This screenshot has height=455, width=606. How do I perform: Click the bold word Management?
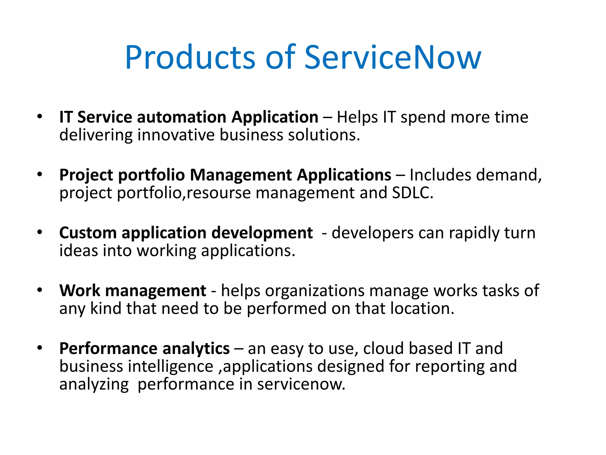[x=241, y=175]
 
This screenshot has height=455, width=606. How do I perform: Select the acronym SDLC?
[x=412, y=193]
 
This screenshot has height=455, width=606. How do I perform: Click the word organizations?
[x=315, y=291]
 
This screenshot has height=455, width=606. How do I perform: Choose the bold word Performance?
[x=108, y=348]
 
